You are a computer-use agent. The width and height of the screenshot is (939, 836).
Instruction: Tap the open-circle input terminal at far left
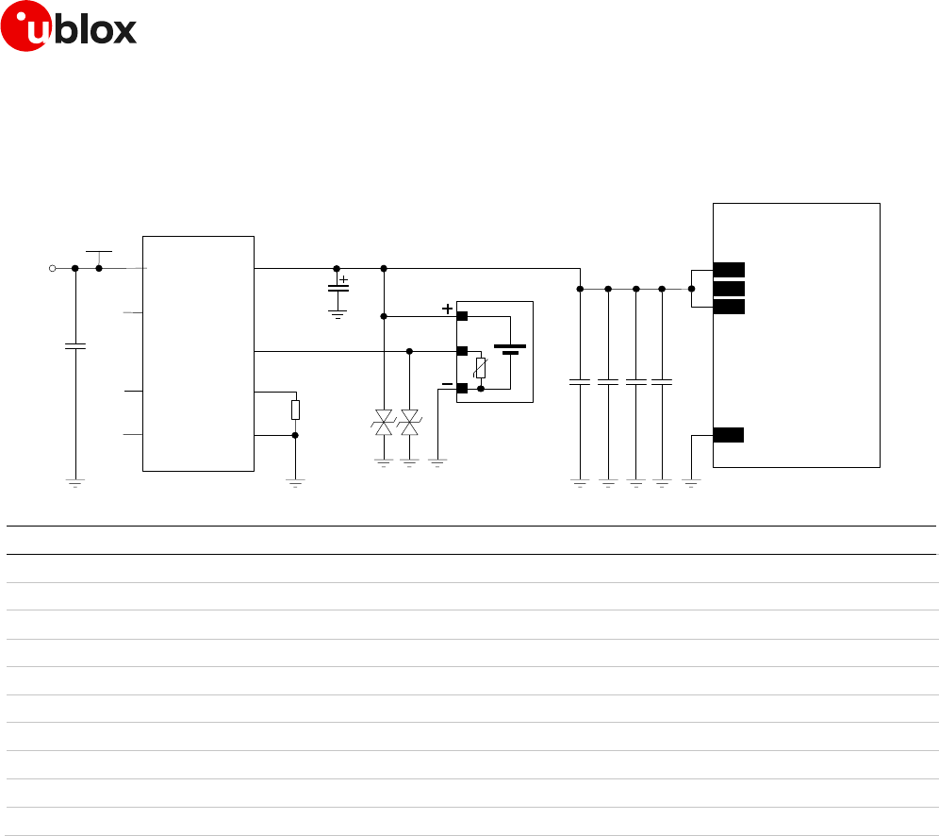[53, 268]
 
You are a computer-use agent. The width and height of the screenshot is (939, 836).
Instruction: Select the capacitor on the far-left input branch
[75, 346]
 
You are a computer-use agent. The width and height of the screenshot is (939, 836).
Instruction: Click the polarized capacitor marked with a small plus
[337, 288]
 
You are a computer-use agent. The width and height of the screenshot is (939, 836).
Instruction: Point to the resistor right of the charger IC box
[295, 410]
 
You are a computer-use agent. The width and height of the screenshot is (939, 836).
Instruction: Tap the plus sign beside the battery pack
[447, 309]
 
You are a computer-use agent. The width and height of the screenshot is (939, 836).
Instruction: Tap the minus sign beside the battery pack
[447, 384]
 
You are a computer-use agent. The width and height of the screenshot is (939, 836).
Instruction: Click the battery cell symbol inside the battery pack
[510, 349]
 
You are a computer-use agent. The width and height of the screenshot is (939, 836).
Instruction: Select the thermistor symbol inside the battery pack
[481, 369]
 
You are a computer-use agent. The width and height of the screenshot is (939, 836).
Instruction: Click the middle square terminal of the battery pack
[462, 351]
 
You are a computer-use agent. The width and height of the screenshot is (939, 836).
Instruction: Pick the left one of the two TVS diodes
[384, 422]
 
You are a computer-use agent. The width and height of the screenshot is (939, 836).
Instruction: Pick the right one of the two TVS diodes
[409, 422]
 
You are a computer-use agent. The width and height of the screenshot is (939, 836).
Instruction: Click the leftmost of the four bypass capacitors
[580, 382]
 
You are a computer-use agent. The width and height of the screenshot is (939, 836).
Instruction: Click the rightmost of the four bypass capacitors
[662, 382]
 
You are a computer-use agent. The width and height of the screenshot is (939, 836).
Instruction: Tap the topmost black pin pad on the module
[729, 269]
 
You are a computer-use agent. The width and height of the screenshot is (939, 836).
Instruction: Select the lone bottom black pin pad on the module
[729, 435]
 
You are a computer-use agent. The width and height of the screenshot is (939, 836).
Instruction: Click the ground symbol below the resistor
[295, 482]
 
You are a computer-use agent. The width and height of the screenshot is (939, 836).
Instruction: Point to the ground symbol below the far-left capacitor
[75, 482]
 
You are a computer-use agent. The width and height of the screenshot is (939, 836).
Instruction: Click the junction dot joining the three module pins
[692, 289]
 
